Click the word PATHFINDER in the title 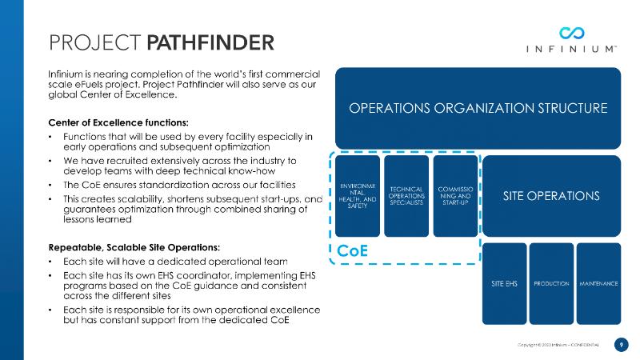[x=210, y=43]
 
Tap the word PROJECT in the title [x=95, y=43]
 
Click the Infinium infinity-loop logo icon [x=571, y=33]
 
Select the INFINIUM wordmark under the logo [x=571, y=49]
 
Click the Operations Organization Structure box [x=478, y=108]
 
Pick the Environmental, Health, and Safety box [x=358, y=196]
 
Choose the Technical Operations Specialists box [x=406, y=196]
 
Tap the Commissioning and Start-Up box [x=455, y=196]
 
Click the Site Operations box [x=551, y=196]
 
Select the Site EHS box [x=505, y=284]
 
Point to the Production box [x=551, y=284]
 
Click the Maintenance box [x=598, y=284]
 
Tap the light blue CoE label [x=352, y=250]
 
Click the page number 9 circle [x=622, y=345]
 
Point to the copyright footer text [x=558, y=345]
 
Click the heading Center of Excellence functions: [x=118, y=122]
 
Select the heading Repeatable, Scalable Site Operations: [x=134, y=247]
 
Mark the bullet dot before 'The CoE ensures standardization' [x=50, y=185]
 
